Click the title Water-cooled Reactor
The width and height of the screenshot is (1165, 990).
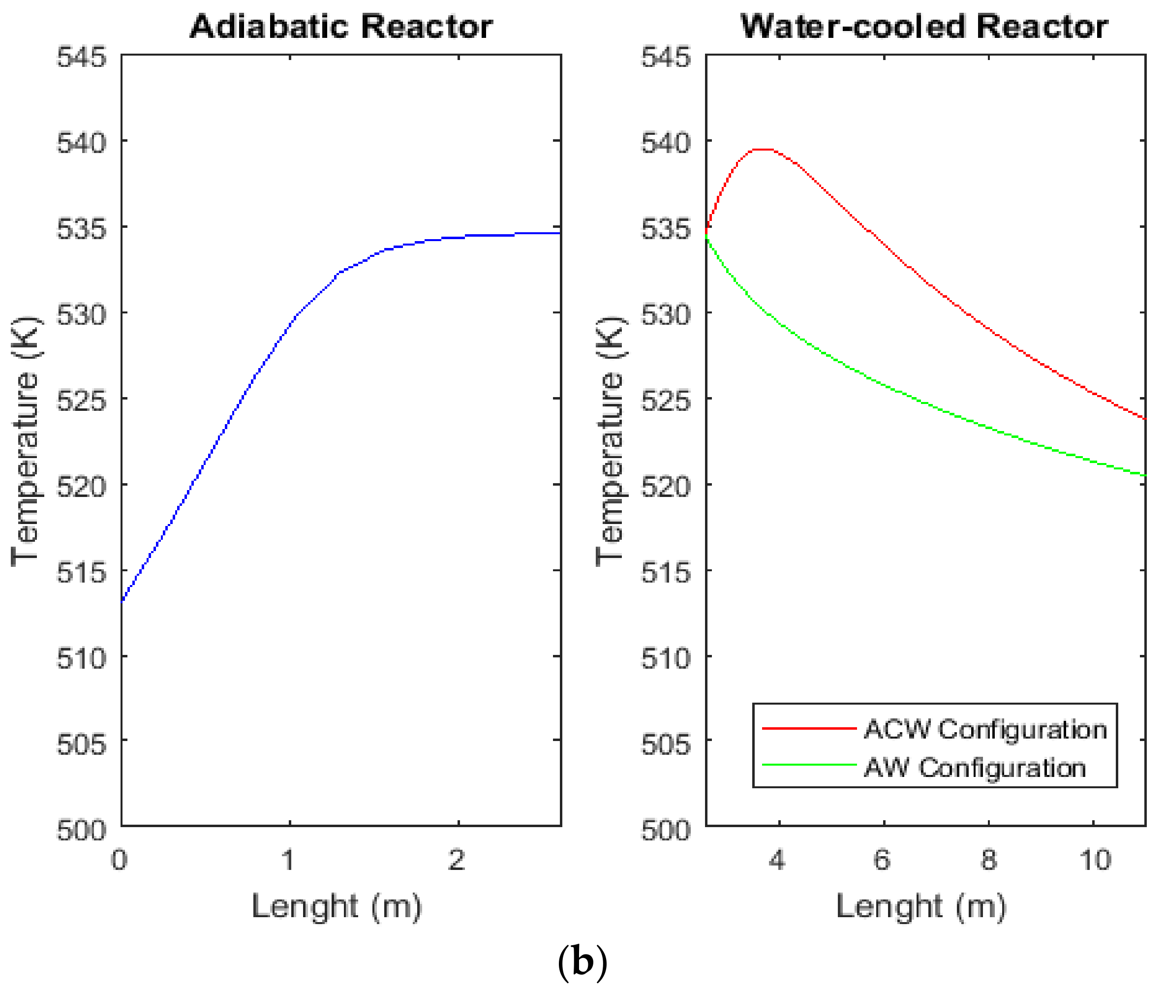(924, 27)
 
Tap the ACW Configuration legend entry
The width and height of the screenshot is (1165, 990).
(984, 730)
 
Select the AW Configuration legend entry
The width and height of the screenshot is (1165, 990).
(974, 768)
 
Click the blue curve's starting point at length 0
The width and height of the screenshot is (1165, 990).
(123, 602)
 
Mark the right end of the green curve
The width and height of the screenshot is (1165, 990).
(1144, 475)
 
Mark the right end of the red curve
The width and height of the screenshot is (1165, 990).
(1144, 418)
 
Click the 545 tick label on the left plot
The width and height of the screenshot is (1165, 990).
(81, 57)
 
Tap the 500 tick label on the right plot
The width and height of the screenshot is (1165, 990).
(666, 830)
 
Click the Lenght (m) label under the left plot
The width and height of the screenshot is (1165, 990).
(336, 907)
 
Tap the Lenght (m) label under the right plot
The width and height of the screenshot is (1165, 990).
(921, 907)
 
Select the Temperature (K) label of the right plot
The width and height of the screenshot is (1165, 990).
(610, 440)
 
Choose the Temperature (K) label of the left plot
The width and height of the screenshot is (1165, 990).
(25, 440)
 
